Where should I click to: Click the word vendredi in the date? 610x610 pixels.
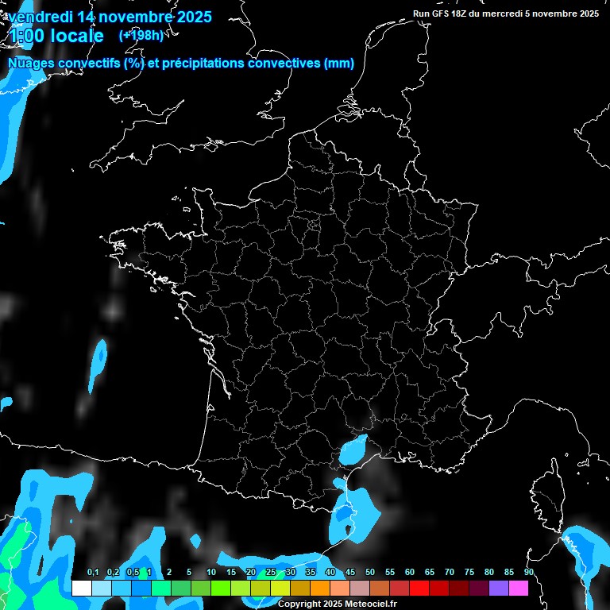click(x=39, y=16)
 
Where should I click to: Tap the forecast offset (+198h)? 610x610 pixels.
click(x=141, y=35)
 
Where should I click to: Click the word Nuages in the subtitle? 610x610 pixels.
click(x=31, y=64)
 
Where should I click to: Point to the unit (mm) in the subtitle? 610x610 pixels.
click(x=339, y=64)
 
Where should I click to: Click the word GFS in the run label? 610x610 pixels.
click(x=444, y=14)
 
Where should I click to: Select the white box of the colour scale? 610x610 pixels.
click(x=81, y=588)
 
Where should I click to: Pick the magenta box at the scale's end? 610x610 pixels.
click(x=519, y=588)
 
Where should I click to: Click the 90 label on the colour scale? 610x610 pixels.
click(x=529, y=573)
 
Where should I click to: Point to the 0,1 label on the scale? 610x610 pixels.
click(x=93, y=573)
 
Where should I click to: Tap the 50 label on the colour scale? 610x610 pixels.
click(x=370, y=573)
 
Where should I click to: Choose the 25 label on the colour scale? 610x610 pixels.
click(x=271, y=573)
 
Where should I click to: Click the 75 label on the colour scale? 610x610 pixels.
click(x=469, y=573)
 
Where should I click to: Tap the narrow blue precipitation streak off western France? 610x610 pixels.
click(x=98, y=361)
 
